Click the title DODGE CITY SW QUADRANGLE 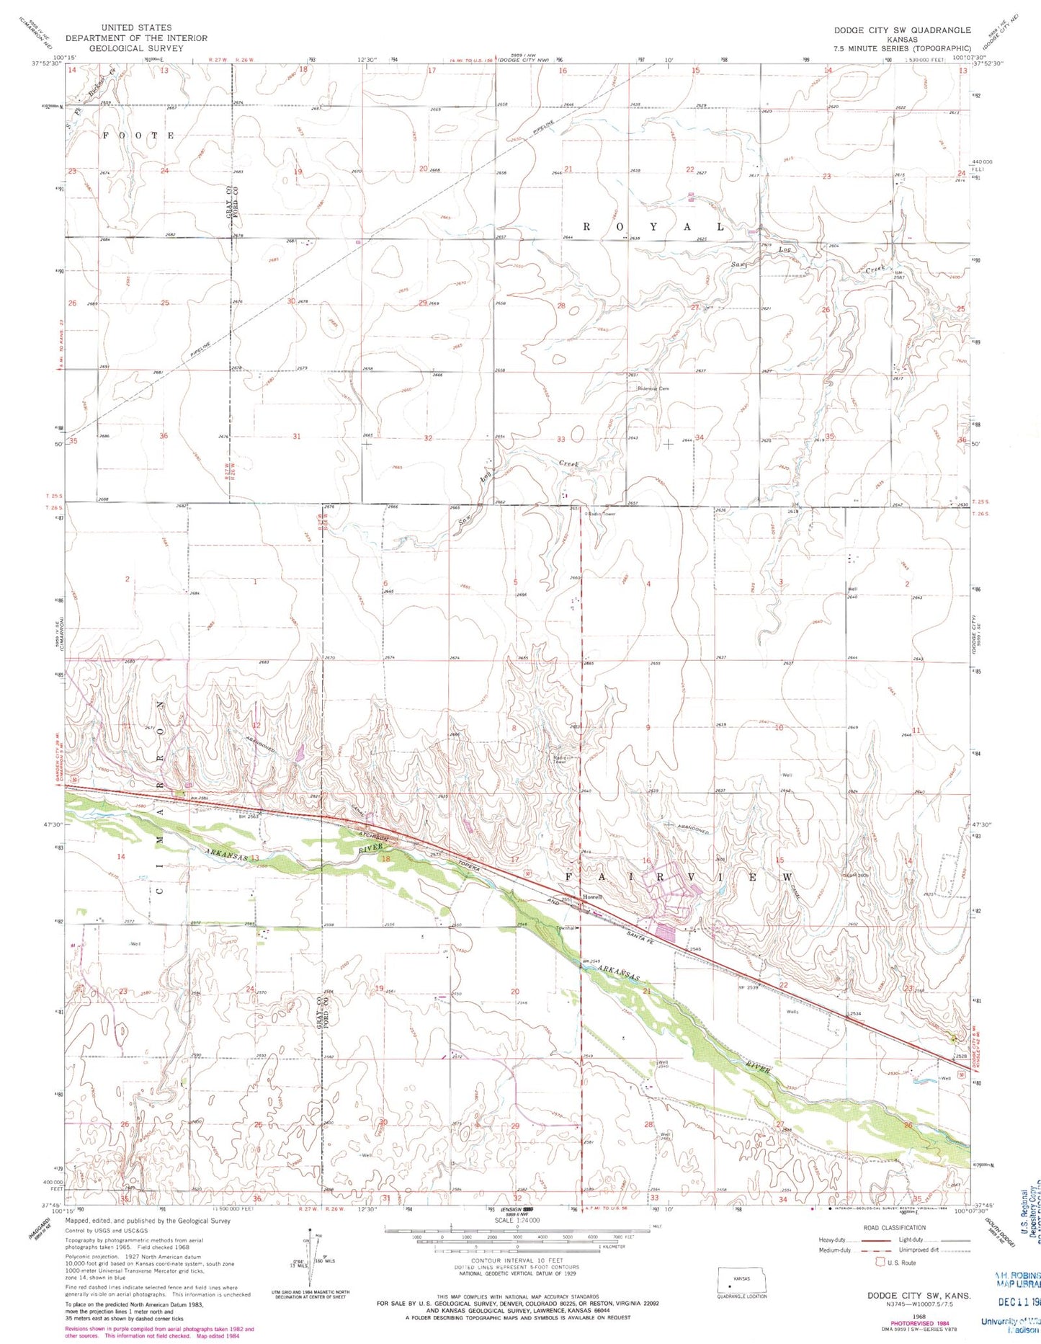902,30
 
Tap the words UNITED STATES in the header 136,27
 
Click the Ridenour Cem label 653,388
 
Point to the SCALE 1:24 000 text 516,1220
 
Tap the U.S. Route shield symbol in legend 879,1263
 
